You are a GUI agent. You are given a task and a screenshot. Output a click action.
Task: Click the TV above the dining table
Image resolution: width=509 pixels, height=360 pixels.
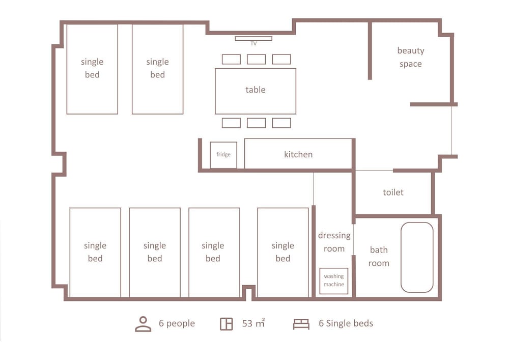253,38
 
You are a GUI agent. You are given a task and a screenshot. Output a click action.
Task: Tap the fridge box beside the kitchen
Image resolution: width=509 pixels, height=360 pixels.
223,155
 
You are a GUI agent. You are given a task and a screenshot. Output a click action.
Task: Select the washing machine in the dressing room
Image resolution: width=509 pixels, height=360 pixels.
334,281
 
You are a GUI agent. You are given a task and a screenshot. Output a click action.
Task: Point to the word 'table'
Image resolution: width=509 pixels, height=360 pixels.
256,90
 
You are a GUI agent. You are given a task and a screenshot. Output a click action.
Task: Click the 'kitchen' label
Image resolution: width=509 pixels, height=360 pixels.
298,154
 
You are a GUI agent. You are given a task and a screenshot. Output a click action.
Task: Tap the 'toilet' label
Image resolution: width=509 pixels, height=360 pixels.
393,192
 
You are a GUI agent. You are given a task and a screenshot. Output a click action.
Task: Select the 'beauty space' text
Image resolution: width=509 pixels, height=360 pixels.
411,57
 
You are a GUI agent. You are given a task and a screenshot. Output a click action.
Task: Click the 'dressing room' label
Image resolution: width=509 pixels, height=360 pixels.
334,242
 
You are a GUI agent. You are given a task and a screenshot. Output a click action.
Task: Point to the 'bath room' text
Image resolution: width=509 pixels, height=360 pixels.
379,256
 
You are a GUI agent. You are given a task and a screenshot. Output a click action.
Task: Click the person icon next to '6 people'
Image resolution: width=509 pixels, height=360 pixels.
143,324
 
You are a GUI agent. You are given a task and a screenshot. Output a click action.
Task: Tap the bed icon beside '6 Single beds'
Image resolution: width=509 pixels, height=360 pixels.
301,324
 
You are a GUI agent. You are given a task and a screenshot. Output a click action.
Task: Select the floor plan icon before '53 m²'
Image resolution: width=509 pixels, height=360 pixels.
227,324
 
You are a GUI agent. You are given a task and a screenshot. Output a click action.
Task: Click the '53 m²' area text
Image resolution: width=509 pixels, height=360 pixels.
253,323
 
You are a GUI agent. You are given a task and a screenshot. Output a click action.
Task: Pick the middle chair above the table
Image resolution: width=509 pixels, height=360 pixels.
257,60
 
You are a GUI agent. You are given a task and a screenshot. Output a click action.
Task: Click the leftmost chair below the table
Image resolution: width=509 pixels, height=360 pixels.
231,123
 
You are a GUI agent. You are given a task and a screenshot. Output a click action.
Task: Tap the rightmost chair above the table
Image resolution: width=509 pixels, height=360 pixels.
281,60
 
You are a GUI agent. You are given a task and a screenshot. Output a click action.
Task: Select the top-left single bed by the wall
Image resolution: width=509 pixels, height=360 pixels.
92,69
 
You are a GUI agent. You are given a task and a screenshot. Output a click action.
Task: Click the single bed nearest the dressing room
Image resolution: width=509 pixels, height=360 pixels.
282,252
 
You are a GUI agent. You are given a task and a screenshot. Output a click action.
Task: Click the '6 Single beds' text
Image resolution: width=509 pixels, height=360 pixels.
346,323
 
